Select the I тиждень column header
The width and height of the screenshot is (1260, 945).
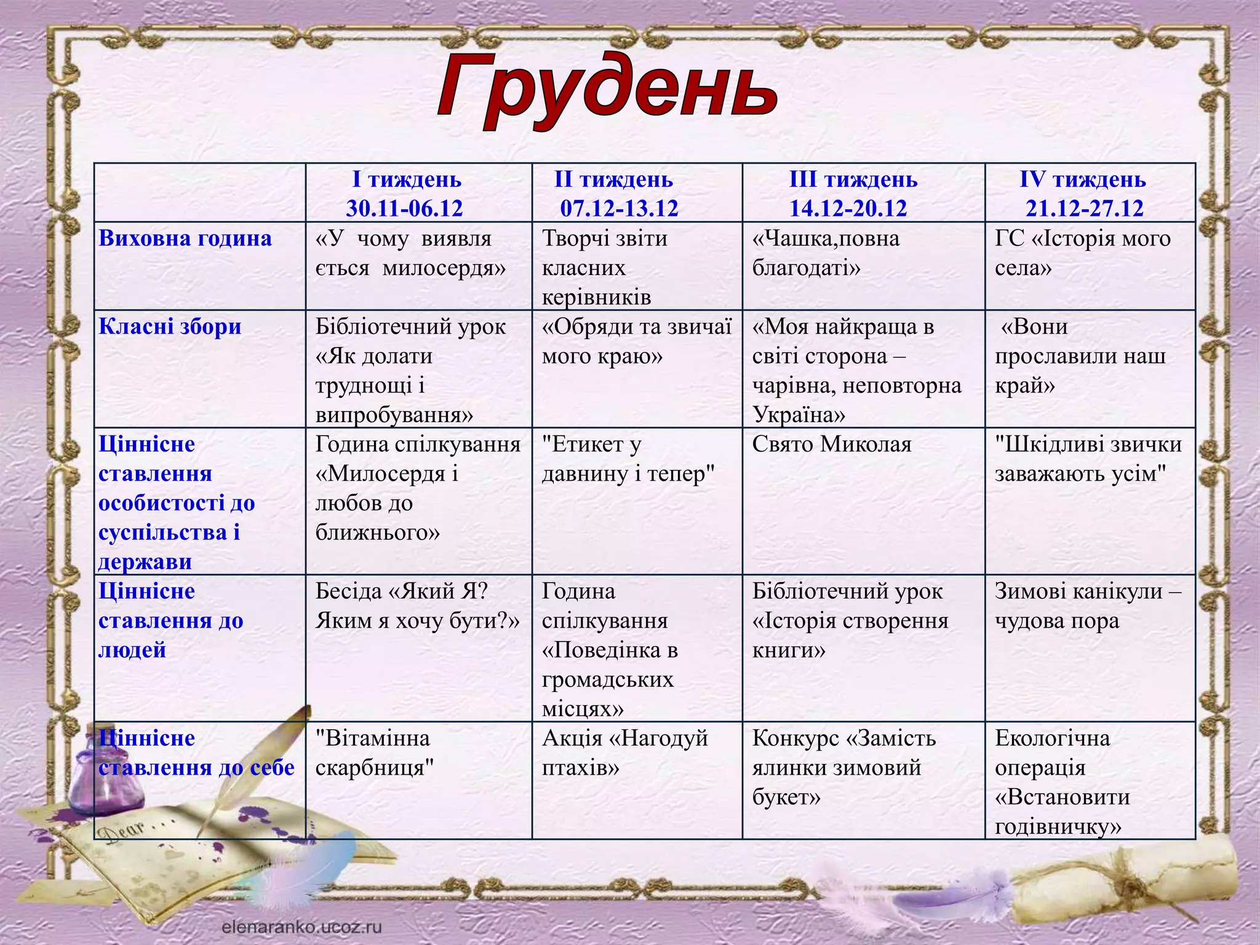click(x=406, y=180)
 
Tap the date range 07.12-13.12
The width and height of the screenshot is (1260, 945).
click(x=619, y=209)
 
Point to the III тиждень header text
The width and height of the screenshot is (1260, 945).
click(x=853, y=180)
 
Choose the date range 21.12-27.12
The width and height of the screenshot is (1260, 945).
click(x=1084, y=209)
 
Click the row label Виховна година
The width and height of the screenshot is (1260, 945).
click(x=185, y=239)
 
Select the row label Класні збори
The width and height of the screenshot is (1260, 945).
click(x=170, y=327)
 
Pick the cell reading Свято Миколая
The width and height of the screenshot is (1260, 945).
click(x=831, y=444)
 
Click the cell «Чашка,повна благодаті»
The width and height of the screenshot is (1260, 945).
click(x=826, y=253)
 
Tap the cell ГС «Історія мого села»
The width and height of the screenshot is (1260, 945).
click(x=1082, y=253)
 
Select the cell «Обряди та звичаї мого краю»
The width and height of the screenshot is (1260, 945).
click(x=636, y=341)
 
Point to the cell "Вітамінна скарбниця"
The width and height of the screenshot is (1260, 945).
click(x=375, y=752)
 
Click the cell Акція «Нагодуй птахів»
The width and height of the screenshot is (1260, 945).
click(x=624, y=752)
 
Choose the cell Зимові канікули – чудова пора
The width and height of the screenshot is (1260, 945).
click(x=1087, y=606)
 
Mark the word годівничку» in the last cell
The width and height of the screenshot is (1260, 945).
click(x=1058, y=826)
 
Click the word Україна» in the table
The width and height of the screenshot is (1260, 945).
click(x=799, y=415)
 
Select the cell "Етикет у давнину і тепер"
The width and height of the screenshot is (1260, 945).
click(x=628, y=459)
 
